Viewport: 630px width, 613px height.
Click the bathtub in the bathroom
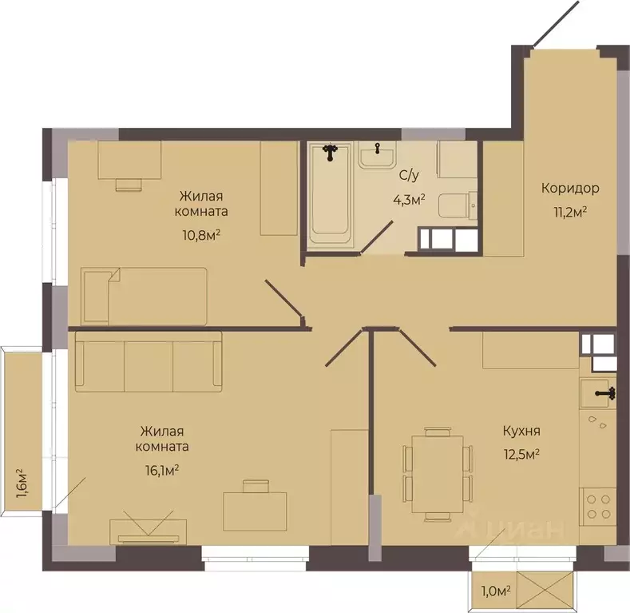330,193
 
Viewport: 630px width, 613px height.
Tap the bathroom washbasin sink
377,154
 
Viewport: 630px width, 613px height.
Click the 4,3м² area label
409,199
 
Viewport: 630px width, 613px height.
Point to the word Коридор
570,188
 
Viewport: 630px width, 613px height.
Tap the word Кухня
521,431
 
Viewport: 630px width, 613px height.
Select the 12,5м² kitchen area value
521,455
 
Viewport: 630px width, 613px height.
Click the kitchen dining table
438,474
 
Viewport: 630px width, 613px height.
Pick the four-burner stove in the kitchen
598,507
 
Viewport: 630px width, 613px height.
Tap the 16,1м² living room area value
162,470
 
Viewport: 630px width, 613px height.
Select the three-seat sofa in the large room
149,361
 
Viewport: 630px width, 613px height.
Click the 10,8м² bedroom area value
201,234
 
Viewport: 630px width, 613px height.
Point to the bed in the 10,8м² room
144,296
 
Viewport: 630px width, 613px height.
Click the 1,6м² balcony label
22,483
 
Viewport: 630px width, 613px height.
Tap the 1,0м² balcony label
496,591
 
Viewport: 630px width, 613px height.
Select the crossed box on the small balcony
545,589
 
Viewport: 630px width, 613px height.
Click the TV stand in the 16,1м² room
149,531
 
